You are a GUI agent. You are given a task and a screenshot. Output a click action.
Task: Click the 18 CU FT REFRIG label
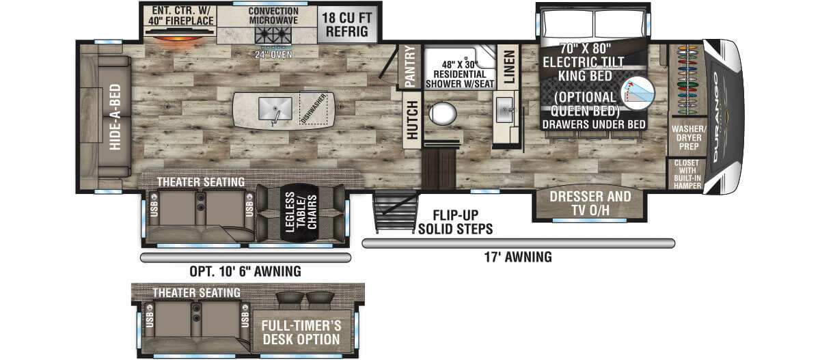[346, 25]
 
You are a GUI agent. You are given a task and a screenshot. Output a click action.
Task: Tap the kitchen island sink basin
[275, 109]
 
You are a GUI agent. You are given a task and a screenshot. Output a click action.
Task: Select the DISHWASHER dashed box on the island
[314, 109]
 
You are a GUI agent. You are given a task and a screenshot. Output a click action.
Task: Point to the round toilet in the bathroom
[443, 113]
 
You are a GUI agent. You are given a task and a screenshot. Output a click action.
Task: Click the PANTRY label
[410, 66]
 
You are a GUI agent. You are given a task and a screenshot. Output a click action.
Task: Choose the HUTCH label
[412, 120]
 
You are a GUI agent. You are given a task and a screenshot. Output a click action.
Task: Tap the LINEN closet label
[509, 67]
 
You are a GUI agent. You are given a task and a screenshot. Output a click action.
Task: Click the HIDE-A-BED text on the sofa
[115, 117]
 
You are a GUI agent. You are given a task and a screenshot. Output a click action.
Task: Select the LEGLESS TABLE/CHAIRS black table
[300, 212]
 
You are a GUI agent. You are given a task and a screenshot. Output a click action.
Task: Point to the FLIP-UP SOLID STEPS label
[455, 222]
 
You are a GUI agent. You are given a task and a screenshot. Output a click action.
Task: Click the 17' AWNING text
[518, 257]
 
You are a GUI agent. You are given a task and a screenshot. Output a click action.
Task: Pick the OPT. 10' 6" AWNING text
[245, 271]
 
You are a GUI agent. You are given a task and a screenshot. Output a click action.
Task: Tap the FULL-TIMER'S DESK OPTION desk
[301, 332]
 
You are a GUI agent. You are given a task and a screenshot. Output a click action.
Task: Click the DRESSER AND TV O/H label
[590, 204]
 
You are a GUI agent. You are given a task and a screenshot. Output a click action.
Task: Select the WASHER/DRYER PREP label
[689, 138]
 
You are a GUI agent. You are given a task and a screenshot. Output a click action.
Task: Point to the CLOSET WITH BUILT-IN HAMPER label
[687, 174]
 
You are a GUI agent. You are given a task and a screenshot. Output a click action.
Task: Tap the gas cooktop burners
[273, 36]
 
